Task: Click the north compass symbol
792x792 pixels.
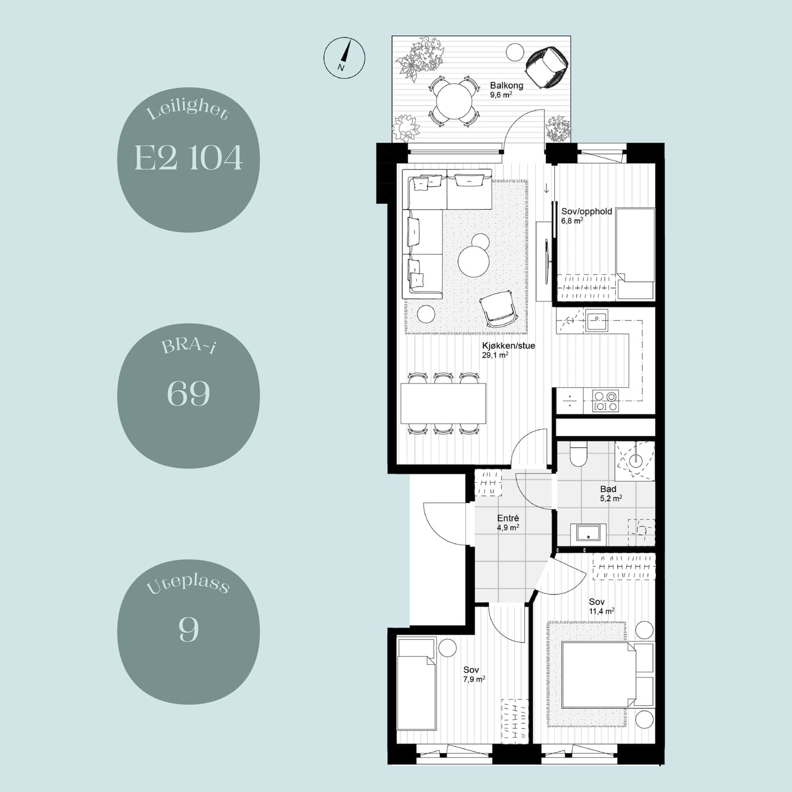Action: click(x=344, y=58)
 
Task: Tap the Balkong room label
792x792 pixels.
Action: click(x=506, y=85)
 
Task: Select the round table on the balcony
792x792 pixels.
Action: click(x=455, y=101)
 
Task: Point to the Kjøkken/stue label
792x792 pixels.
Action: click(x=508, y=346)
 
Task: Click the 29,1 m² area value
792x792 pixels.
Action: click(x=495, y=355)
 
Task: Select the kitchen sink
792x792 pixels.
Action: click(x=597, y=320)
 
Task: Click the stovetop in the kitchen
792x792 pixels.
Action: click(x=606, y=401)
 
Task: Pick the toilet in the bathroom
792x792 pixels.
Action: click(x=578, y=454)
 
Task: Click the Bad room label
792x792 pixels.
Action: click(x=608, y=489)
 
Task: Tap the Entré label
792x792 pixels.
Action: click(x=508, y=518)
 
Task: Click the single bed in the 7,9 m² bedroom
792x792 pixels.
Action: click(x=417, y=684)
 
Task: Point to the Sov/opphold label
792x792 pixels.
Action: click(x=587, y=211)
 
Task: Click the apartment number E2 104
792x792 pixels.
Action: click(x=188, y=157)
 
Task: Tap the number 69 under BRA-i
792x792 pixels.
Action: click(x=188, y=393)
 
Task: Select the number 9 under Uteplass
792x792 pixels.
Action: click(x=188, y=629)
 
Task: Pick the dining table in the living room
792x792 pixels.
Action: click(x=443, y=403)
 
